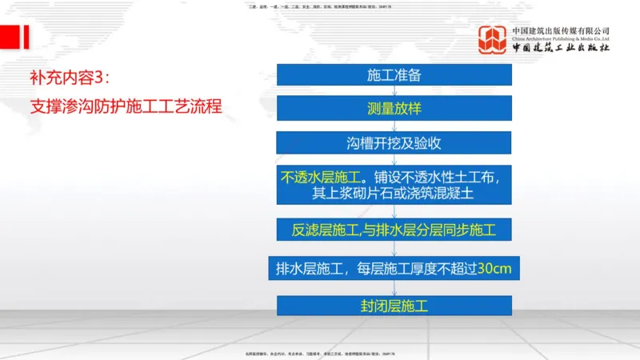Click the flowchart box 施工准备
394,74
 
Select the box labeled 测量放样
394,109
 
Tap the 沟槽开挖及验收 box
394,143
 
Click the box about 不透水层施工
394,186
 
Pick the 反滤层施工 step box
394,231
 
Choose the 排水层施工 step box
394,268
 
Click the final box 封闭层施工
394,306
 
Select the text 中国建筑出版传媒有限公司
561,30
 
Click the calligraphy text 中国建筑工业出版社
561,48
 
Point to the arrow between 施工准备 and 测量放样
394,91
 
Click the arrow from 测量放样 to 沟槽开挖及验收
394,126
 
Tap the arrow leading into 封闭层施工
394,288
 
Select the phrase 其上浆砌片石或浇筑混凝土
394,194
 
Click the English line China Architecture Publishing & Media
561,38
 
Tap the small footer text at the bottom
320,353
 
